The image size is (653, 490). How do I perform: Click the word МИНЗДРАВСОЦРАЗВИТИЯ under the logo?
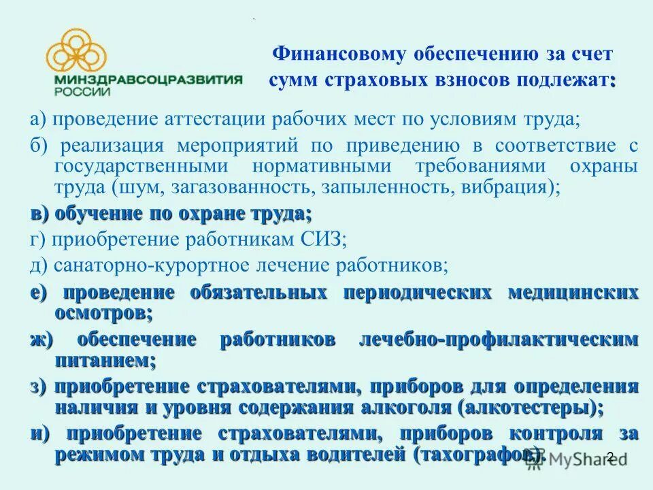coord(145,80)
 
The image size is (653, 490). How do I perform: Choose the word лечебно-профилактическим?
coord(498,339)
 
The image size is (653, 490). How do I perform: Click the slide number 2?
coord(609,457)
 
